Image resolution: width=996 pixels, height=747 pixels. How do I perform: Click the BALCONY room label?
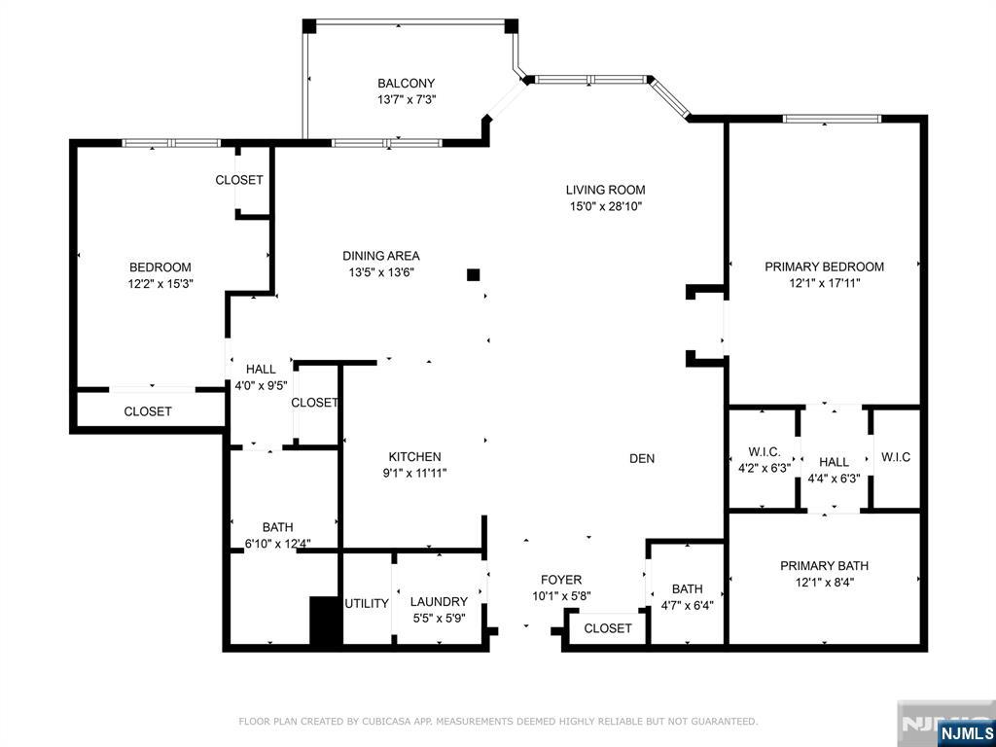[x=406, y=84]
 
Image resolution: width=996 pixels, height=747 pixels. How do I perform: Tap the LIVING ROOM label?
[x=605, y=190]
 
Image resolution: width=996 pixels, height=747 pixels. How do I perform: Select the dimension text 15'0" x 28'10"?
[x=605, y=206]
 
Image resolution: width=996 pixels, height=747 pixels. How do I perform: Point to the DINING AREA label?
[x=381, y=256]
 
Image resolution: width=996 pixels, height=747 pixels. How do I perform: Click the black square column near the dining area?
[x=474, y=275]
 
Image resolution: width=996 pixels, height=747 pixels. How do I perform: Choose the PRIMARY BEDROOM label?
[x=825, y=267]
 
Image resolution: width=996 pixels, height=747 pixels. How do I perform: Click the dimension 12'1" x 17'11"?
[x=825, y=284]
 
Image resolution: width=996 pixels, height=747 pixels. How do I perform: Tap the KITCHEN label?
[x=414, y=457]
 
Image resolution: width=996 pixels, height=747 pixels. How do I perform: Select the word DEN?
[x=642, y=459]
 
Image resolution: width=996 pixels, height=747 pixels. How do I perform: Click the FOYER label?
[x=561, y=580]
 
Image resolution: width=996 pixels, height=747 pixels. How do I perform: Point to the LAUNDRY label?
[x=439, y=601]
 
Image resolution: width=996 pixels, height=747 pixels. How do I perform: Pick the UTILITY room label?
[x=367, y=603]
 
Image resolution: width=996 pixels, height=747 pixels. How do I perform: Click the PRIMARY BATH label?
[x=825, y=565]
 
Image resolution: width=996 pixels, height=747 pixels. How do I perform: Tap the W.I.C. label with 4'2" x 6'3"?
[x=765, y=451]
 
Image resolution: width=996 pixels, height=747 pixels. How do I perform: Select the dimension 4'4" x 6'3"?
[x=834, y=479]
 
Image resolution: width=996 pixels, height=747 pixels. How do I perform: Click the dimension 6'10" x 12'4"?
[x=277, y=544]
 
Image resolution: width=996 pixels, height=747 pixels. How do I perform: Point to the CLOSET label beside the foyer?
[x=608, y=628]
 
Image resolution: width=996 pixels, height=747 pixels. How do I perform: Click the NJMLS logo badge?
[x=965, y=733]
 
